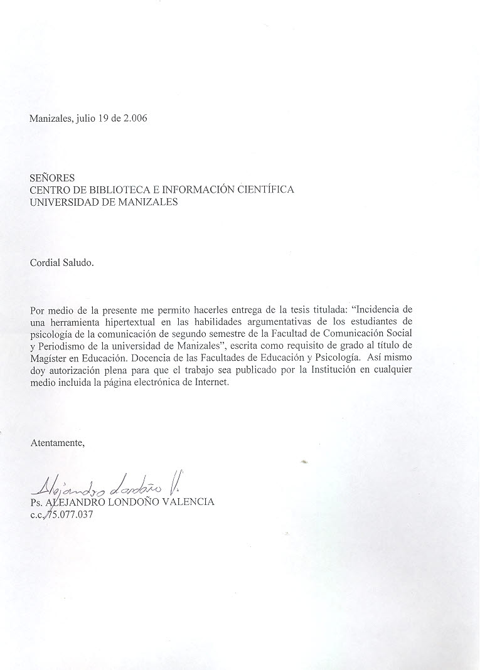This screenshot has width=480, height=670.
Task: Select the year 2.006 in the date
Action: (x=132, y=119)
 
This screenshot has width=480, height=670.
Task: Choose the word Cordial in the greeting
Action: (x=46, y=263)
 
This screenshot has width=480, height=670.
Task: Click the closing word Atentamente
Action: (x=57, y=442)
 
